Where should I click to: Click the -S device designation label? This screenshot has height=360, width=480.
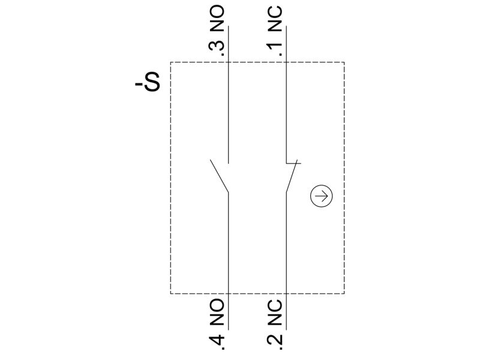click(x=147, y=82)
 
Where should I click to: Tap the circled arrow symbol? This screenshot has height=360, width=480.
click(x=321, y=196)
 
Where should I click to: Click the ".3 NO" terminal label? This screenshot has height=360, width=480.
click(x=216, y=31)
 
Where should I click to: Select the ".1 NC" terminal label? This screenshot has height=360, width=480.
click(x=275, y=31)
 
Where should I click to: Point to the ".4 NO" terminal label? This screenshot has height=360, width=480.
click(x=216, y=324)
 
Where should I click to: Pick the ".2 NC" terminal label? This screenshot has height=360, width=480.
click(x=275, y=324)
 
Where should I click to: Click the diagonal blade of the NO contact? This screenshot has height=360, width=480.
click(x=219, y=176)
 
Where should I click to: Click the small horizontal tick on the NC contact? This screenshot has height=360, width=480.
click(x=293, y=163)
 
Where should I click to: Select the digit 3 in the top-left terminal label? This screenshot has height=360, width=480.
click(x=216, y=46)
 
